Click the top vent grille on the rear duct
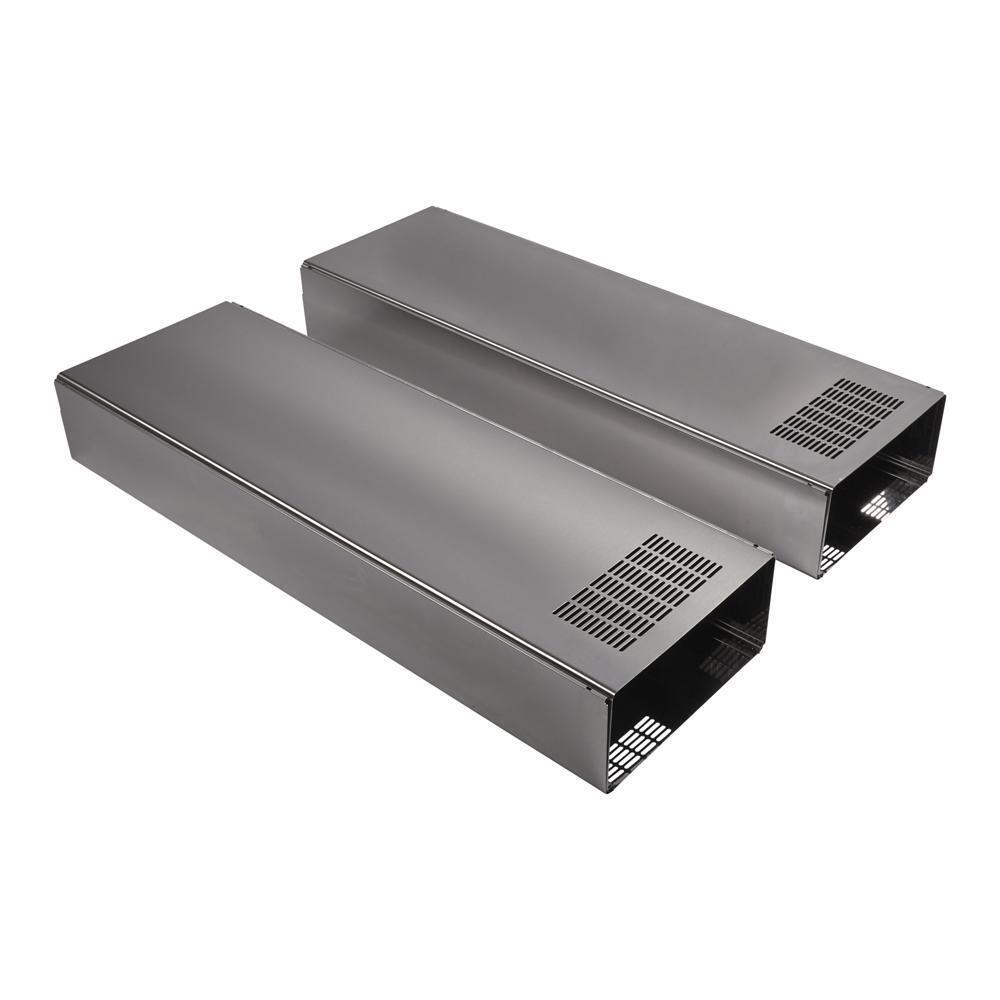(x=837, y=417)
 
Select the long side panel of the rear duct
(x=560, y=420)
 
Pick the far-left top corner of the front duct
(x=58, y=380)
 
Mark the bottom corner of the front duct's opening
(x=605, y=790)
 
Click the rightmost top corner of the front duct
(x=773, y=553)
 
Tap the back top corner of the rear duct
(x=432, y=208)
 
